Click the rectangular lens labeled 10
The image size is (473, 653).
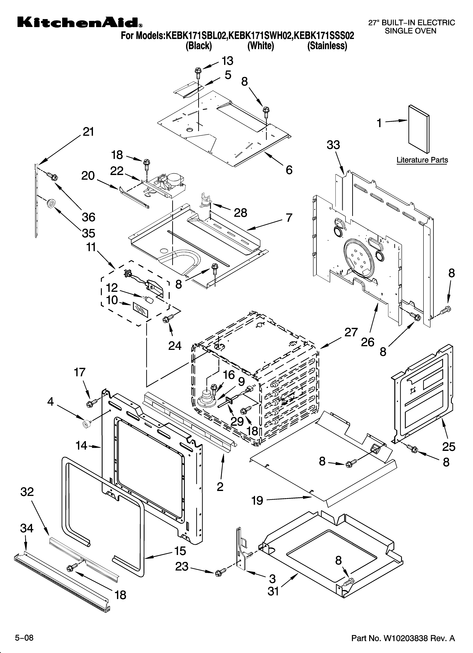[140, 310]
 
